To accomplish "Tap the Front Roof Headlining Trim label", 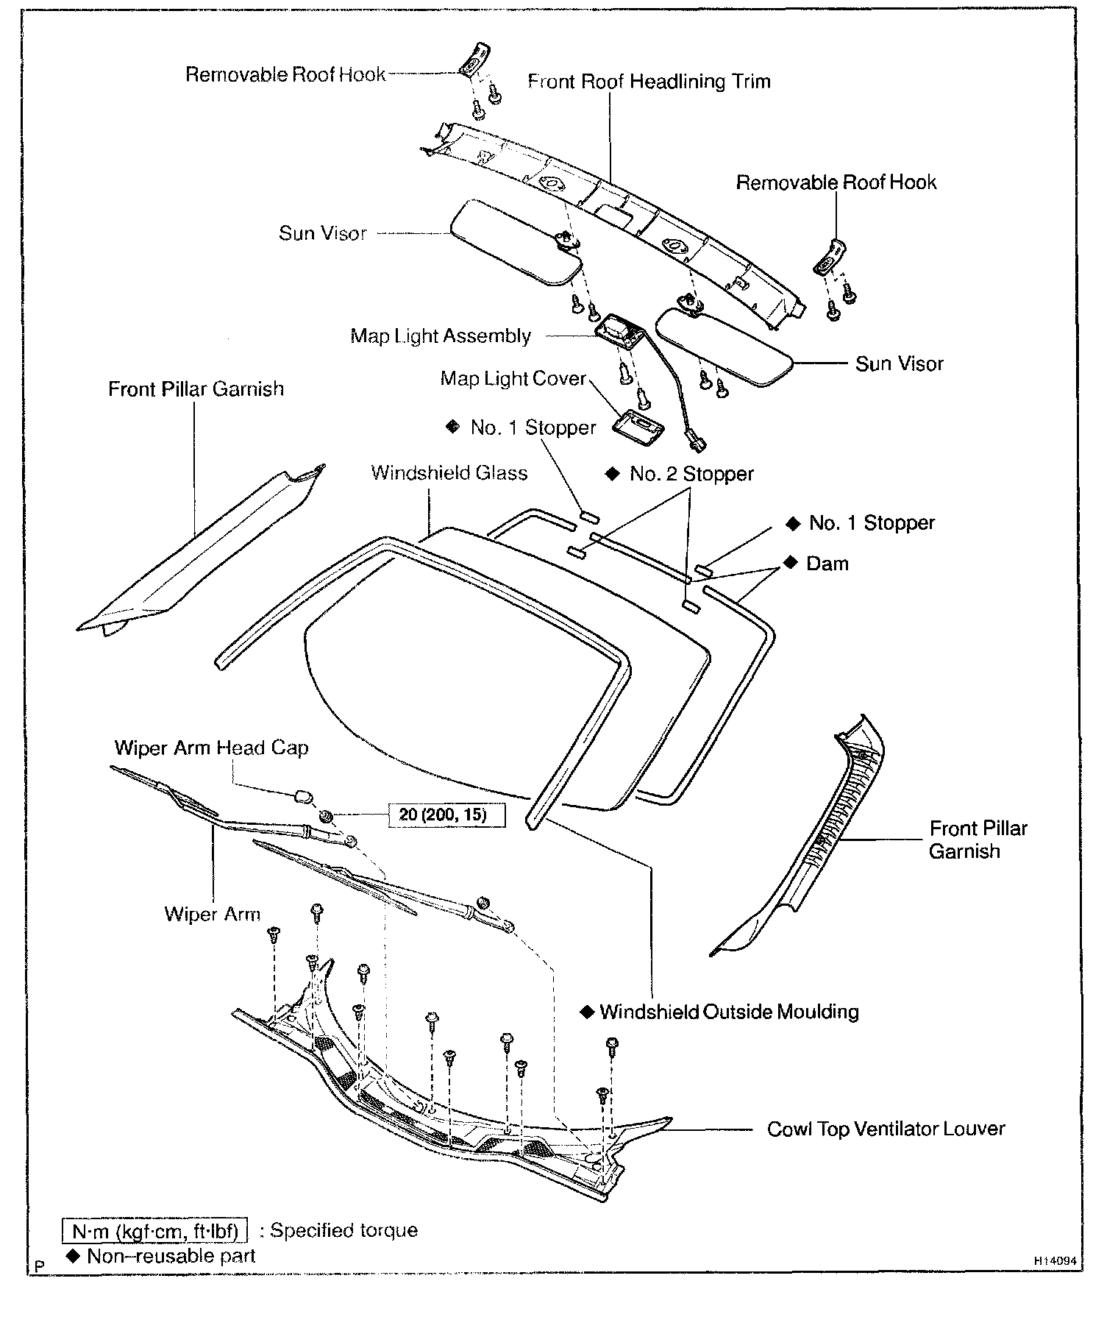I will [x=649, y=81].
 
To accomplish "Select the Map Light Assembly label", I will [x=441, y=336].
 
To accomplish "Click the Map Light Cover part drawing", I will [x=638, y=425].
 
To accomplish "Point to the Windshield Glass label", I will [x=449, y=472].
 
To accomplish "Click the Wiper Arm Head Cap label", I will [x=211, y=748].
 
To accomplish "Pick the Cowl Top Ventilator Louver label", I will [x=886, y=1129].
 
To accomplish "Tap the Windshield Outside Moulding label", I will [x=729, y=1012].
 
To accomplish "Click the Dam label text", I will [x=827, y=564].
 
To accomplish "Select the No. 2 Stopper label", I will [x=691, y=474].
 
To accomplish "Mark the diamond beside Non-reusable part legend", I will [x=72, y=1255].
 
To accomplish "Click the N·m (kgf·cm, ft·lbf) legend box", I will [x=155, y=1230].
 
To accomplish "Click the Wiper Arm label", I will [x=213, y=915].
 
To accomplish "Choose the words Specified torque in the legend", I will [x=343, y=1230].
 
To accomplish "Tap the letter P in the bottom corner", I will [x=39, y=1266].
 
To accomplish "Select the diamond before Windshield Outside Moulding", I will [x=587, y=1012].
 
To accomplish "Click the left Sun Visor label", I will [x=322, y=233].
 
